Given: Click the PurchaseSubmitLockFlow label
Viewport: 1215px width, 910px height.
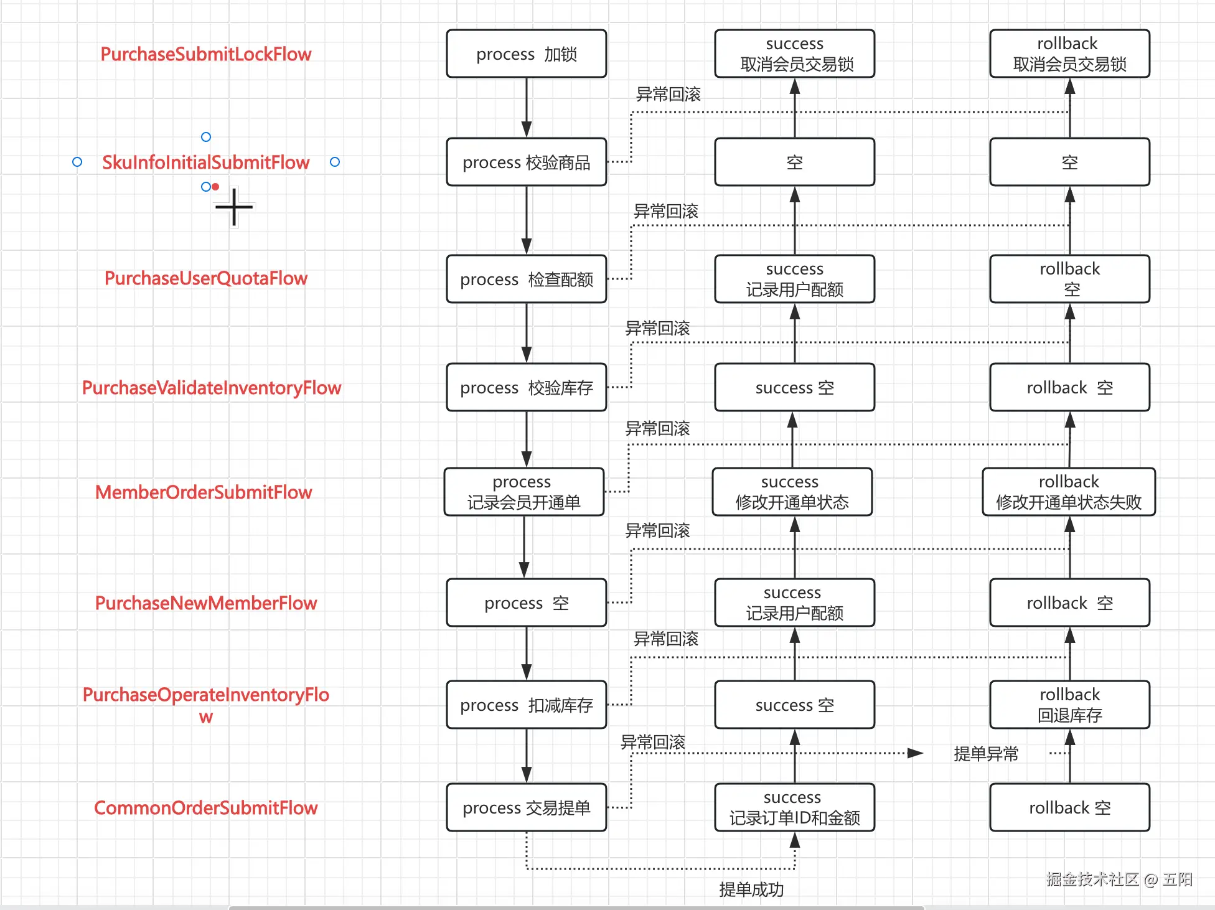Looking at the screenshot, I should tap(205, 54).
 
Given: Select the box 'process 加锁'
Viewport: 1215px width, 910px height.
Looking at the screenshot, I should tap(526, 54).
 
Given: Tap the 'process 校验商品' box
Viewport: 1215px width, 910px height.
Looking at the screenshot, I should tap(526, 162).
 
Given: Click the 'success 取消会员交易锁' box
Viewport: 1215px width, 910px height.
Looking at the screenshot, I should tap(794, 54).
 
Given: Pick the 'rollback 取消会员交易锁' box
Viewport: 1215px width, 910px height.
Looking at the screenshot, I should tap(1069, 54).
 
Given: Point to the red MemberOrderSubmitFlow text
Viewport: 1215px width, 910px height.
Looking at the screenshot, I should tap(204, 492).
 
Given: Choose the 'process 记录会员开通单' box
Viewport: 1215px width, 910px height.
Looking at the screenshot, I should tap(523, 492).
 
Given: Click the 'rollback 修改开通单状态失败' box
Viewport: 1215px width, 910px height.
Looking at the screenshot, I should tap(1068, 492).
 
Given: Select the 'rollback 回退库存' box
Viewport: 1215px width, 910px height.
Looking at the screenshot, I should tap(1069, 705).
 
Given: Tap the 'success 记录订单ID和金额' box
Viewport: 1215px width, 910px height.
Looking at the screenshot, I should tap(794, 807).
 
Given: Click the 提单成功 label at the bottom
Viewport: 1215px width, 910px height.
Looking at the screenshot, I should tap(751, 889).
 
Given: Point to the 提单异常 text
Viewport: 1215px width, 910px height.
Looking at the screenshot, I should tap(986, 754).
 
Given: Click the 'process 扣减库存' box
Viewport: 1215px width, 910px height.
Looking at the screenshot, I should tap(526, 705).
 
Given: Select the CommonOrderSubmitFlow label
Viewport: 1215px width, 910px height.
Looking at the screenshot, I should tap(205, 808).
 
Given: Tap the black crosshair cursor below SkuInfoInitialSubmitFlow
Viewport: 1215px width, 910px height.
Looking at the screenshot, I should tap(234, 207).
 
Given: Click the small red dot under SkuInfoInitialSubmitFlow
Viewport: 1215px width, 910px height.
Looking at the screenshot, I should tap(215, 186).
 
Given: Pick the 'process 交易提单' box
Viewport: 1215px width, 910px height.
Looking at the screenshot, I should tap(526, 807).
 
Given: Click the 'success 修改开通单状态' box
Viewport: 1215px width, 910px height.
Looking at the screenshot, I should tap(792, 492).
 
